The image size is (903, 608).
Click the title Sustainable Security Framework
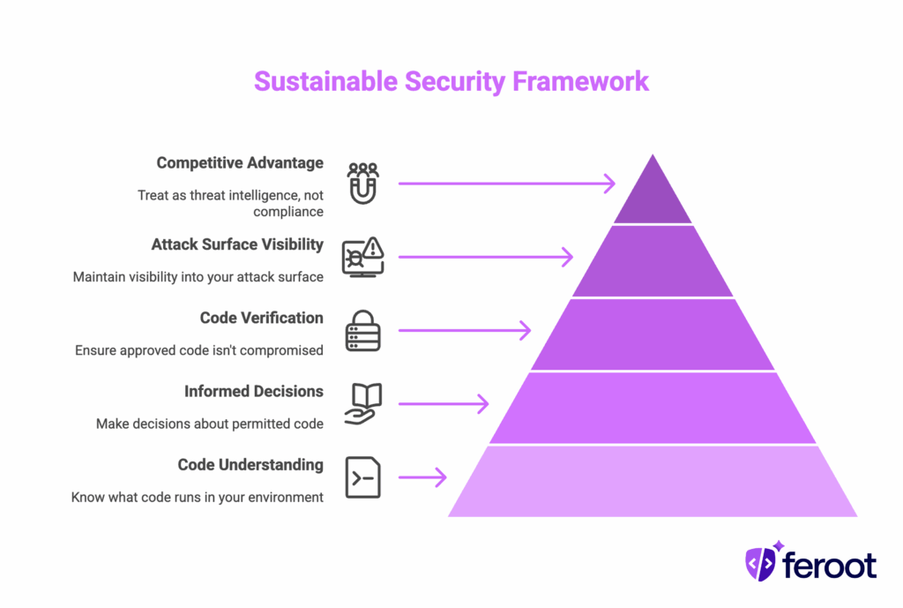coord(451,81)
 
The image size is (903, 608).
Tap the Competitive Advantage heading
coord(240,163)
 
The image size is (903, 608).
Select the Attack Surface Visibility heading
coord(237,244)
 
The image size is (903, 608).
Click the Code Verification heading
coord(261,318)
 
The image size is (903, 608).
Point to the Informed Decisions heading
coord(253,391)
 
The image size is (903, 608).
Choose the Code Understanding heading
coord(250,465)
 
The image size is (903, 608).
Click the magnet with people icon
coord(362,184)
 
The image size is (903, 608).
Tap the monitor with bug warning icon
coord(362,257)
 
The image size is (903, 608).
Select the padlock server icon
coord(362,331)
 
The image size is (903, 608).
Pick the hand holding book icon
coord(362,404)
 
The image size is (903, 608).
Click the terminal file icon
coord(362,478)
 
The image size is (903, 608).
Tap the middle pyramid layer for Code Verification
coord(653,334)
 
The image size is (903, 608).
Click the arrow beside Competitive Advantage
coord(506,184)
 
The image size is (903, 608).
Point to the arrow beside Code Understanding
coord(422,478)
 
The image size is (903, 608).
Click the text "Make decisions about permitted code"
coord(210,424)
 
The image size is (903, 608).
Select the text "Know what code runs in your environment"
coord(198,497)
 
